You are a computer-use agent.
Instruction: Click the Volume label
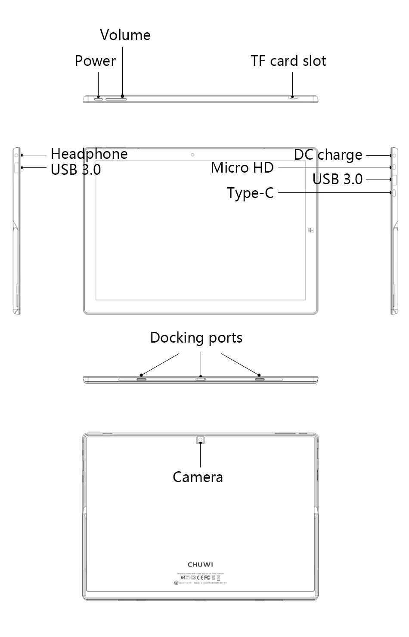pyautogui.click(x=125, y=35)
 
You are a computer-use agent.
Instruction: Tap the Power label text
pyautogui.click(x=95, y=61)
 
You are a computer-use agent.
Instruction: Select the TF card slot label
pyautogui.click(x=288, y=61)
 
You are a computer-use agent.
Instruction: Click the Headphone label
pyautogui.click(x=89, y=154)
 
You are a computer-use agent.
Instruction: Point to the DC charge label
pyautogui.click(x=328, y=155)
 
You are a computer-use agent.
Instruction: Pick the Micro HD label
pyautogui.click(x=242, y=168)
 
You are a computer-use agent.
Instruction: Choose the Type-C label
pyautogui.click(x=251, y=193)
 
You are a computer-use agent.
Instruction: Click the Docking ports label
pyautogui.click(x=196, y=338)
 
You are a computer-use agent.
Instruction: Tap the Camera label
pyautogui.click(x=198, y=477)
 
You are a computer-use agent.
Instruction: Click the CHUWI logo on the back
pyautogui.click(x=201, y=564)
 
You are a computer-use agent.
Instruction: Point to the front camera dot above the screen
pyautogui.click(x=192, y=155)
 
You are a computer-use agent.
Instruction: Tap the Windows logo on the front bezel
pyautogui.click(x=311, y=230)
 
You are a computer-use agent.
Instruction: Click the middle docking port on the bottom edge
pyautogui.click(x=201, y=379)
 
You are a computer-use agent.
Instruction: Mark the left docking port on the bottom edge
pyautogui.click(x=142, y=379)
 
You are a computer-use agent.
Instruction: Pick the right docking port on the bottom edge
pyautogui.click(x=260, y=379)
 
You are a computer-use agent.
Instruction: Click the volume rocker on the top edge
pyautogui.click(x=116, y=99)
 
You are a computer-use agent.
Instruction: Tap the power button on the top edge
pyautogui.click(x=99, y=99)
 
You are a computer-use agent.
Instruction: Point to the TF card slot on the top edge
pyautogui.click(x=293, y=98)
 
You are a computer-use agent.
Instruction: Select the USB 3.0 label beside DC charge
pyautogui.click(x=338, y=179)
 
